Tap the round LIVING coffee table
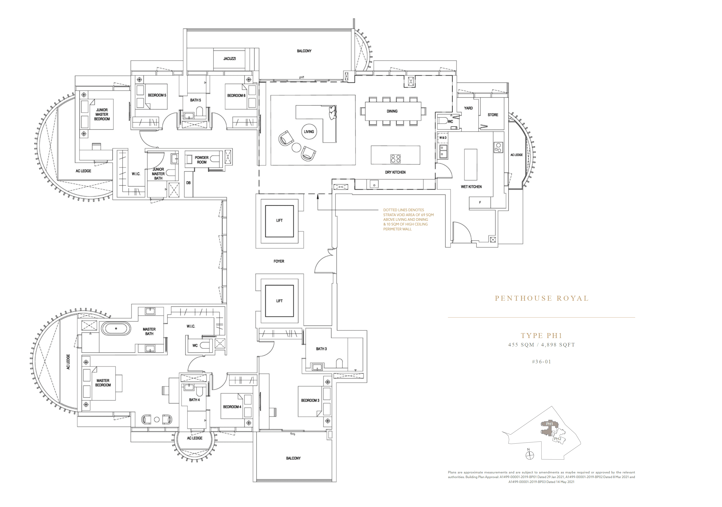tap(308, 132)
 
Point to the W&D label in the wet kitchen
tap(443, 138)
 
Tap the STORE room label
tap(493, 115)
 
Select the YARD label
tap(468, 108)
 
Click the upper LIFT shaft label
tap(279, 220)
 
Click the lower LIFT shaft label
tap(279, 301)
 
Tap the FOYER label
tap(279, 261)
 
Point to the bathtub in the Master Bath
tap(116, 328)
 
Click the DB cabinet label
tap(188, 183)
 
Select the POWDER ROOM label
tap(202, 160)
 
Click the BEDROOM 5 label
tap(157, 95)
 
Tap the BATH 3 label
tap(321, 349)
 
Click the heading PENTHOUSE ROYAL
tap(541, 298)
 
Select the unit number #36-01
tap(541, 362)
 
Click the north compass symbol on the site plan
tap(530, 455)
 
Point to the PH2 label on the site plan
tap(557, 439)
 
